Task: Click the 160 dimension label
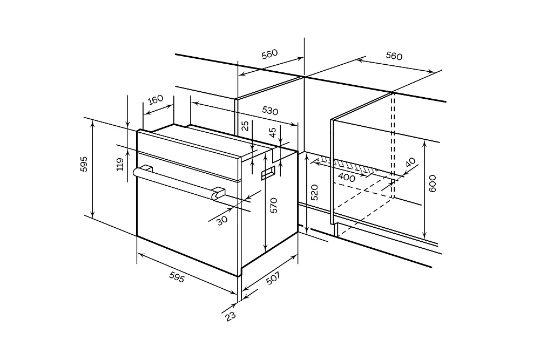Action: (x=156, y=99)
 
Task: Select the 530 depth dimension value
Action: (x=270, y=110)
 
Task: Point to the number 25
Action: (x=245, y=126)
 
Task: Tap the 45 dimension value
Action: (x=272, y=133)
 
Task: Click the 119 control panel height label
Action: (x=120, y=165)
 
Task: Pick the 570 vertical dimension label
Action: (x=273, y=205)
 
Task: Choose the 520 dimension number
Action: (x=314, y=192)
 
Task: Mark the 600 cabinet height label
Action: (x=433, y=184)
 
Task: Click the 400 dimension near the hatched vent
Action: (x=347, y=177)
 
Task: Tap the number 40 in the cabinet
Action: (x=410, y=162)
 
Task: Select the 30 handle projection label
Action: (x=222, y=220)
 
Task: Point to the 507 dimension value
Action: (x=274, y=278)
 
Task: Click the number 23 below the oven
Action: (x=231, y=316)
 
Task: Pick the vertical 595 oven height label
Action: (x=84, y=164)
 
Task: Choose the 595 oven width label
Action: (x=177, y=277)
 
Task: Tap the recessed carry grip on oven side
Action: (x=267, y=174)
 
